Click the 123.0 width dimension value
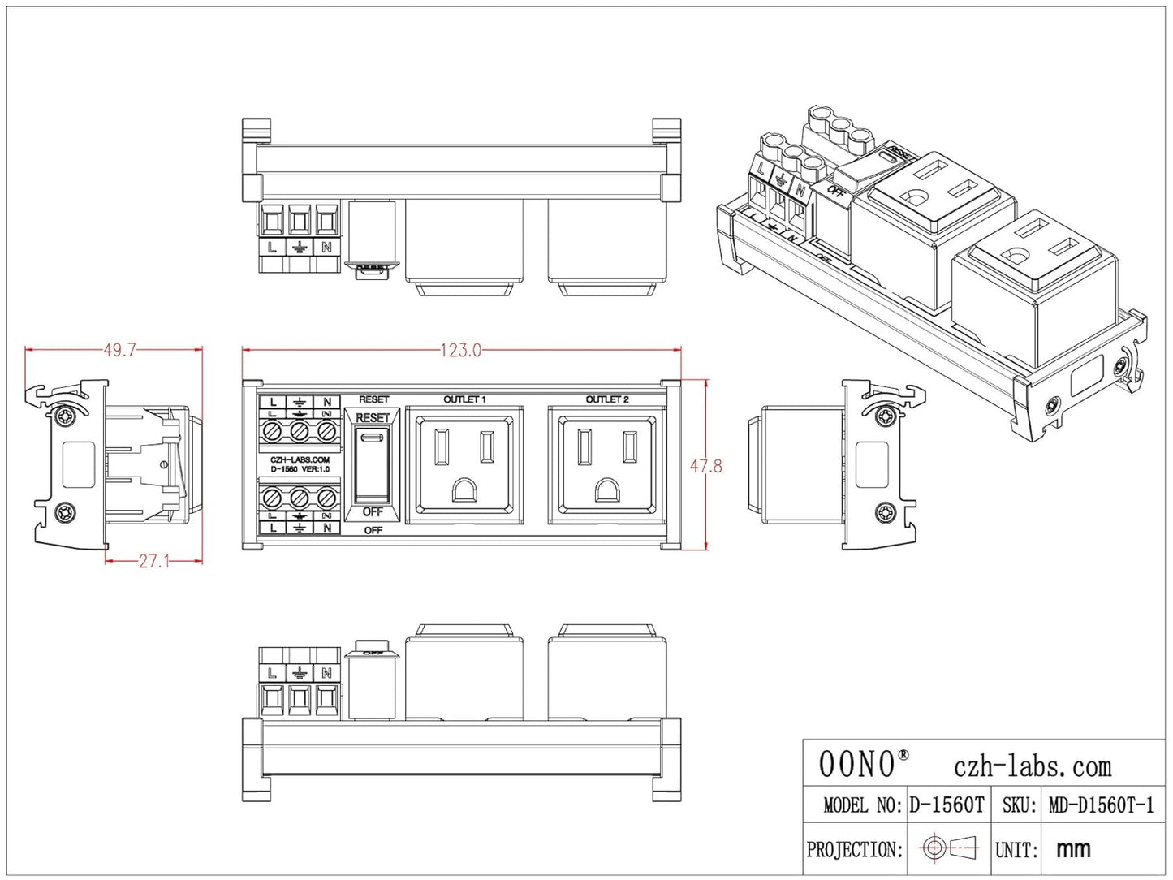(460, 350)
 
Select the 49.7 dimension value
(119, 350)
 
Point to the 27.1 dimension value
(153, 561)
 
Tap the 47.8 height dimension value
(705, 466)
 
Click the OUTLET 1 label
(464, 399)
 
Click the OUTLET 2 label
(607, 399)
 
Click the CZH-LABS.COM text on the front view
(300, 459)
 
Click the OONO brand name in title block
(858, 764)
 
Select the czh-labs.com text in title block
(1032, 766)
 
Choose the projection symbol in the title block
(949, 848)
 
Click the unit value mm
(1073, 849)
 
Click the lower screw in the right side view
(886, 512)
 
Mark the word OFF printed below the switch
(373, 530)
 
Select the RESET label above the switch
(373, 399)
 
